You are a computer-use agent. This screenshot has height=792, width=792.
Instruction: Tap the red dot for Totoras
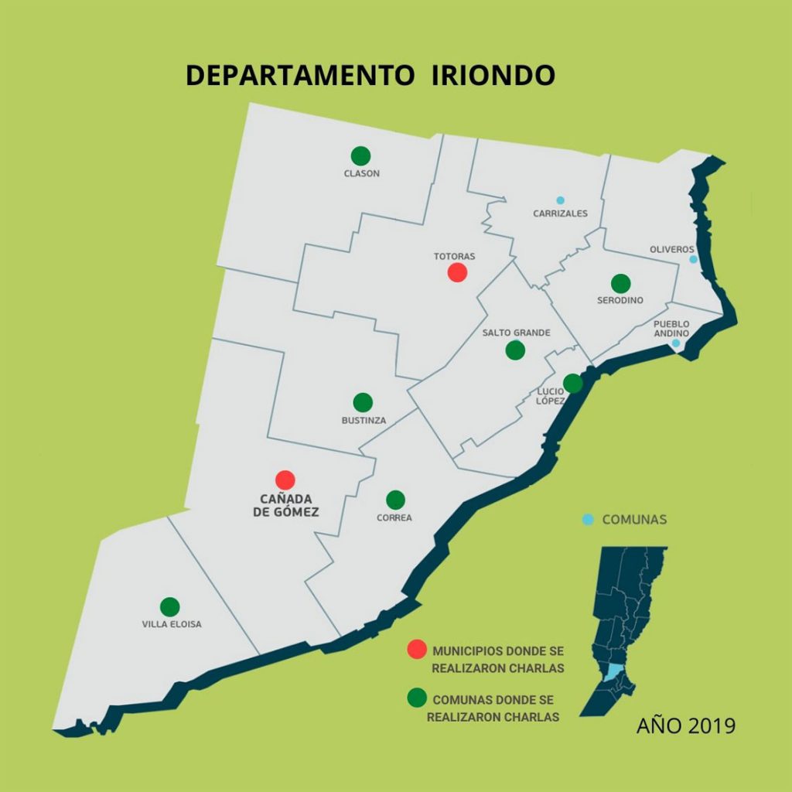tap(457, 272)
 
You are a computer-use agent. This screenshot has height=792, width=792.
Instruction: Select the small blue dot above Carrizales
tap(560, 200)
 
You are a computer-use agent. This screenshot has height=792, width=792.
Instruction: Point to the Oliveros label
tap(671, 249)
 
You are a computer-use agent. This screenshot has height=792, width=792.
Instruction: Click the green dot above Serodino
tap(620, 284)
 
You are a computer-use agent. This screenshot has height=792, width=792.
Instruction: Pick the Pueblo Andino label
tap(671, 329)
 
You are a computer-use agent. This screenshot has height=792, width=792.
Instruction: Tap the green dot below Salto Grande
tap(515, 350)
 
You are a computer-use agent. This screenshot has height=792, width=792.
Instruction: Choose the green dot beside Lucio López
tap(572, 383)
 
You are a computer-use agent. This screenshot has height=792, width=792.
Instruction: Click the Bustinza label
tap(363, 421)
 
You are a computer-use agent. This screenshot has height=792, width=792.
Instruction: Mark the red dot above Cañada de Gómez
tap(285, 480)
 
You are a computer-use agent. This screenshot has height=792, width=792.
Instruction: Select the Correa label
tap(394, 518)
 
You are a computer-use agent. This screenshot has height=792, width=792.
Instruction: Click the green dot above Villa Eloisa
tap(170, 607)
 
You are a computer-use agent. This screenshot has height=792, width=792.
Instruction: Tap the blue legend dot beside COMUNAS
tap(588, 520)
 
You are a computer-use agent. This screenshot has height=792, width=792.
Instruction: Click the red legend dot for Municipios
tap(417, 650)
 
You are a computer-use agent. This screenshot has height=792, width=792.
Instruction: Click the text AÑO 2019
tap(685, 726)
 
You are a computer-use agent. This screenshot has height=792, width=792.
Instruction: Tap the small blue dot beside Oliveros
tap(693, 259)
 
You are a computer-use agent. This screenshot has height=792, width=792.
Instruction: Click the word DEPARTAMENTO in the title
tap(299, 75)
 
